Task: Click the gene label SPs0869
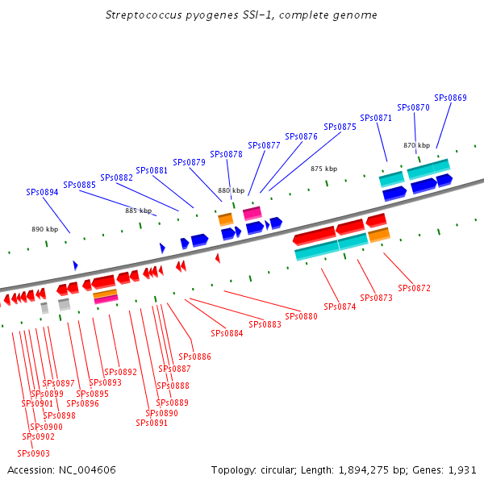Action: click(x=450, y=98)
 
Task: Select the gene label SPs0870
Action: click(x=413, y=107)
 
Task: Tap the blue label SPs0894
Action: click(x=42, y=192)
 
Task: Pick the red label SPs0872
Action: click(x=415, y=288)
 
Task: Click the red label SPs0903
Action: click(x=34, y=453)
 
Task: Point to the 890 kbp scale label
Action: click(x=45, y=229)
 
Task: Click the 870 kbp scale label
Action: click(x=416, y=145)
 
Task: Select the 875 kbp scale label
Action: click(x=323, y=169)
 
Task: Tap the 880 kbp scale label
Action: click(x=231, y=190)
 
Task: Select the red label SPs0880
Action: click(x=302, y=316)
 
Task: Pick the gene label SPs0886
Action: click(x=195, y=357)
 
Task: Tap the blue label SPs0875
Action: click(x=340, y=127)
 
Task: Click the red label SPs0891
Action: click(x=152, y=423)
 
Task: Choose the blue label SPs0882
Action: click(x=117, y=177)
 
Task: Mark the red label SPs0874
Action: click(x=340, y=307)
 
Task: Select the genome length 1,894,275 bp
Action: click(x=367, y=469)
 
